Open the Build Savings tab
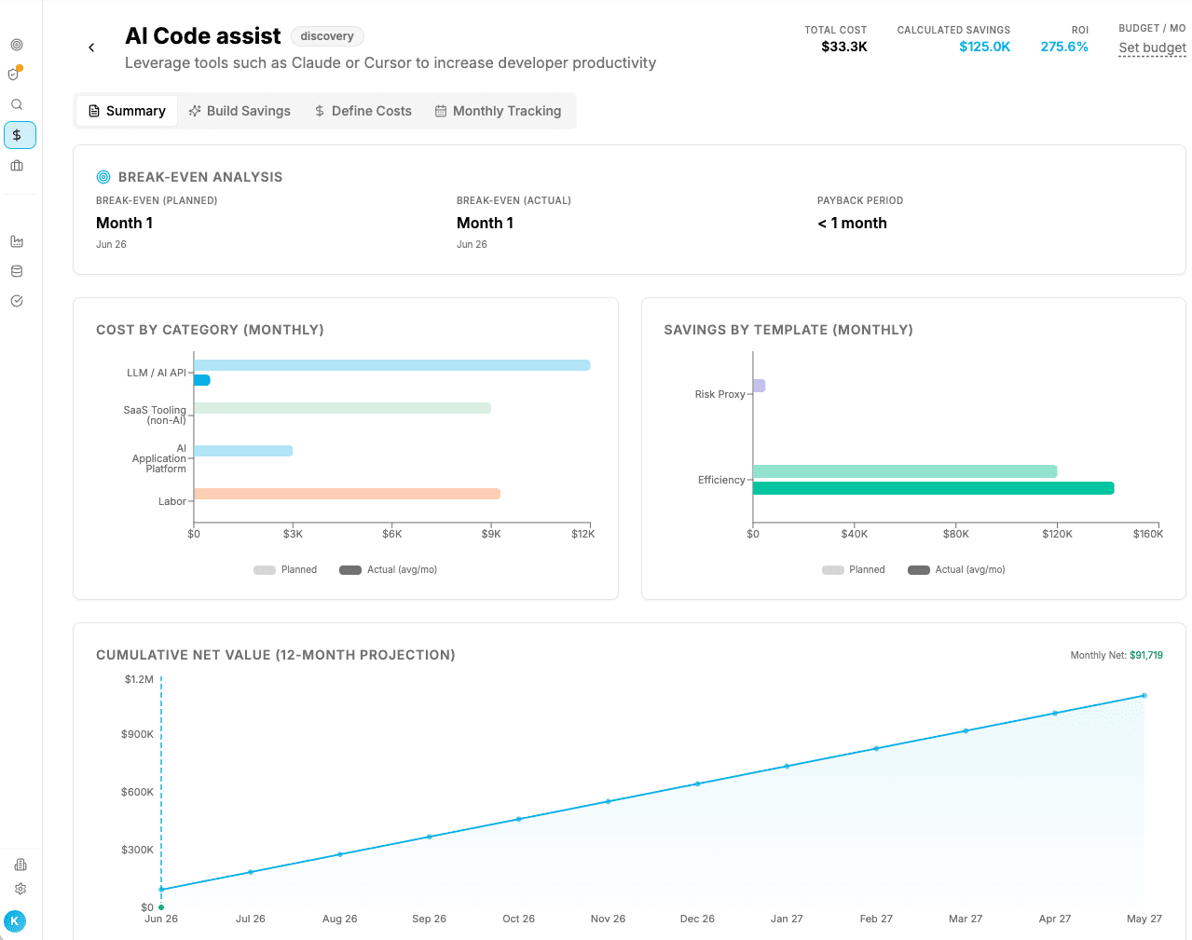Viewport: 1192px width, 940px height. pyautogui.click(x=240, y=111)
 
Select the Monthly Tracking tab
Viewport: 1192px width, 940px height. pyautogui.click(x=498, y=111)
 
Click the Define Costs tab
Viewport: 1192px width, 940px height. pyautogui.click(x=363, y=111)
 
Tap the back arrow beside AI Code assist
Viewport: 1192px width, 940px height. pyautogui.click(x=91, y=48)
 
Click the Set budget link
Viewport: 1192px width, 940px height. pyautogui.click(x=1152, y=48)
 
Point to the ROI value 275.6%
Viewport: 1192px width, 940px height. pyautogui.click(x=1064, y=47)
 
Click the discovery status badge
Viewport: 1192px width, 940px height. pyautogui.click(x=327, y=36)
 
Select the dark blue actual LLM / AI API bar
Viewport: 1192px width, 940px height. pyautogui.click(x=202, y=380)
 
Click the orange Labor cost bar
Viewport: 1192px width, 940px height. pyautogui.click(x=348, y=494)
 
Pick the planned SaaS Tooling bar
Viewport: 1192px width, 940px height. pyautogui.click(x=342, y=408)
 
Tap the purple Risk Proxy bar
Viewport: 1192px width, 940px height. pyautogui.click(x=760, y=386)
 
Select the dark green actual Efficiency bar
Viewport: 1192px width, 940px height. pyautogui.click(x=933, y=488)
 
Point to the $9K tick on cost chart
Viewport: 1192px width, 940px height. pyautogui.click(x=491, y=534)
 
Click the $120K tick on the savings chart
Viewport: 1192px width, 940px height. pyautogui.click(x=1057, y=534)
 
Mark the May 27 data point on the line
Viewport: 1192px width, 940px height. pyautogui.click(x=1144, y=696)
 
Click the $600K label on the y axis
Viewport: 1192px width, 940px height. pyautogui.click(x=137, y=792)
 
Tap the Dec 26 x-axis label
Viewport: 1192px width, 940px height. pyautogui.click(x=697, y=919)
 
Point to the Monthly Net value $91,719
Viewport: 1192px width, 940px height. pyautogui.click(x=1146, y=655)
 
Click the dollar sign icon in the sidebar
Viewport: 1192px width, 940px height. pyautogui.click(x=17, y=135)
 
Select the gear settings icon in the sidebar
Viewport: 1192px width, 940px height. pyautogui.click(x=21, y=889)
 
